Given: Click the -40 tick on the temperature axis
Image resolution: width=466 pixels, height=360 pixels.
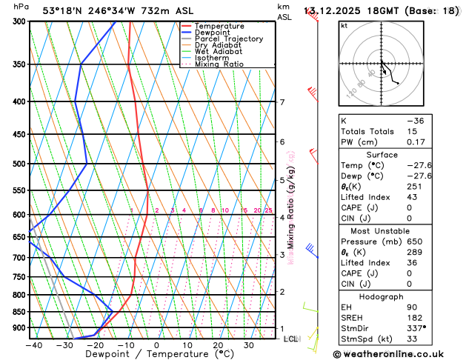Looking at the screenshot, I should (x=33, y=344).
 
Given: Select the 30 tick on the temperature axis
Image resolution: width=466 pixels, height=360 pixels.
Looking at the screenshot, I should (x=249, y=344).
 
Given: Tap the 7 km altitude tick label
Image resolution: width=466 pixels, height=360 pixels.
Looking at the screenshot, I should (x=282, y=102).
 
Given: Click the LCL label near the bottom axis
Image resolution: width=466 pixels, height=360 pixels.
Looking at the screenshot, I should (x=290, y=339).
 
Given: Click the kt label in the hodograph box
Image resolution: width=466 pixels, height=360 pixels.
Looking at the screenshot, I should (x=344, y=25).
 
